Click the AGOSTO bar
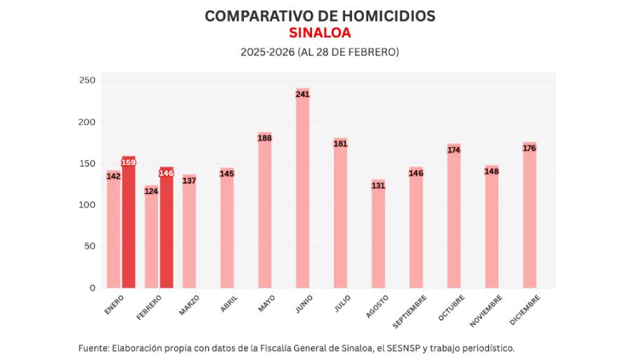378,239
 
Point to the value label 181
340,144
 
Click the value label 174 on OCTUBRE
454,150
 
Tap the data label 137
189,181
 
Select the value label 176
529,148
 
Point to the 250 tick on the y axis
87,81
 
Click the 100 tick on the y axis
87,205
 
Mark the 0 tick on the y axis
91,288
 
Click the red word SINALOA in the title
320,33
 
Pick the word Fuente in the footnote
93,347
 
